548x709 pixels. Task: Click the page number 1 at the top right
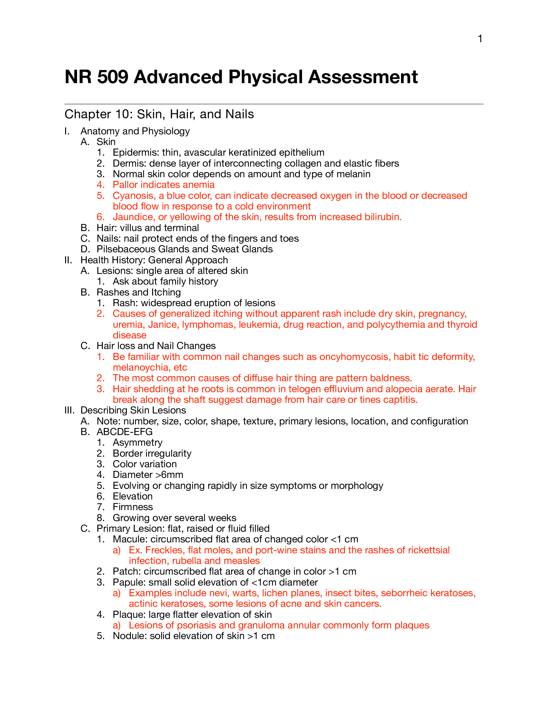480,39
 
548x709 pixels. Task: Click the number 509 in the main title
113,77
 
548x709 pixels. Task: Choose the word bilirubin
382,217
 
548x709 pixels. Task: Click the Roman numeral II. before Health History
68,260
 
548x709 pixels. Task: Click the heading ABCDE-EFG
124,432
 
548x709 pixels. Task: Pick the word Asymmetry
137,442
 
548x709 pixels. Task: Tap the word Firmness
132,507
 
